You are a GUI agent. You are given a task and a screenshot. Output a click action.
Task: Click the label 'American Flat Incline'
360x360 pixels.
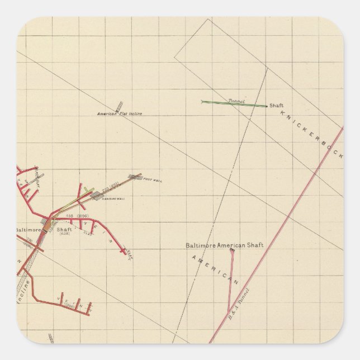pos(120,114)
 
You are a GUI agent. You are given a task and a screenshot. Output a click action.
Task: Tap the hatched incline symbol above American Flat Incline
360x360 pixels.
pos(119,106)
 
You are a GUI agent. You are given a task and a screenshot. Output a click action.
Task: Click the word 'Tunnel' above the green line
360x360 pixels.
pos(236,101)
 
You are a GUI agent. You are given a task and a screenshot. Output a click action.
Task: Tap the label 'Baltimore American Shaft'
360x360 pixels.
pos(224,245)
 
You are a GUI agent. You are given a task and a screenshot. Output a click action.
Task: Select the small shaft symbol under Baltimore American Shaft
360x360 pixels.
pos(232,250)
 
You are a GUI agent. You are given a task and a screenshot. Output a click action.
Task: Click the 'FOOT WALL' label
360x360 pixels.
pos(152,179)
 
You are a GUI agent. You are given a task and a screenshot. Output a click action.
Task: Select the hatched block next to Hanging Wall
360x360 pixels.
pos(96,195)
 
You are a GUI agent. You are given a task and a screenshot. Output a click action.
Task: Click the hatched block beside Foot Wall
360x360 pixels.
pos(134,177)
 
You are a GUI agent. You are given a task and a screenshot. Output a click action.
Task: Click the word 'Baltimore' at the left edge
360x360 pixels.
pos(29,229)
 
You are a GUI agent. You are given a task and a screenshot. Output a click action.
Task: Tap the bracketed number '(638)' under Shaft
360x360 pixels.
pos(64,234)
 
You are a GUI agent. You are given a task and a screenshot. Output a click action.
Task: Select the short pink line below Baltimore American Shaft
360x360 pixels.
pos(230,280)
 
